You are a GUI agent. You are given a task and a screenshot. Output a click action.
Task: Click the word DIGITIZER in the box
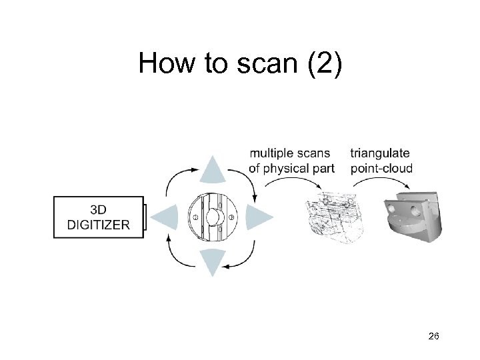click(99, 225)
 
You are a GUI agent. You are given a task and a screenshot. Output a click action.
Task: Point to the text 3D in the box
click(99, 209)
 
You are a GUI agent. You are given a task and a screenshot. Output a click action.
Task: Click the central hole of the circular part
click(213, 217)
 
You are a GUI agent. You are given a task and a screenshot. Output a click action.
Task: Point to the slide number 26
click(433, 337)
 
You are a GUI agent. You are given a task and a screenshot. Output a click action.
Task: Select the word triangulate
click(380, 154)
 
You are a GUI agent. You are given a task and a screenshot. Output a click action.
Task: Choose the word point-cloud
click(381, 168)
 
